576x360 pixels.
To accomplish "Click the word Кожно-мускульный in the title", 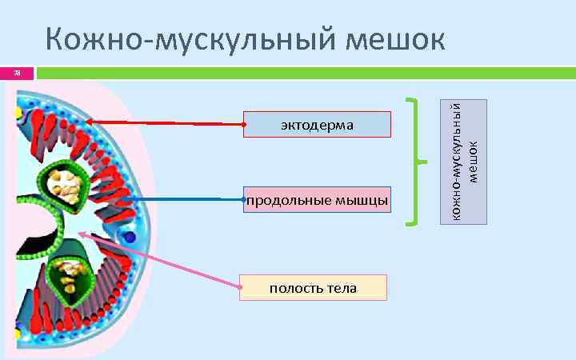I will coord(191,39).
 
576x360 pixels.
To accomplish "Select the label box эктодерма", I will coord(318,125).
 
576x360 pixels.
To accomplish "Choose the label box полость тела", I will coord(313,287).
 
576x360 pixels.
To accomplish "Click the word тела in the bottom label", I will coord(342,287).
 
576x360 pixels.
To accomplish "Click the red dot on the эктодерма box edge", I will coord(244,125).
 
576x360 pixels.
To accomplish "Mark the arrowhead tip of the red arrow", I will coord(87,122).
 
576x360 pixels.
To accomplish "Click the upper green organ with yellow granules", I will coord(64,185).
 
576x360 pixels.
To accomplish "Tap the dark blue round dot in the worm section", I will coord(130,237).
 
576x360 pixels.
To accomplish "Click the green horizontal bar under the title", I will coord(304,74).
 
